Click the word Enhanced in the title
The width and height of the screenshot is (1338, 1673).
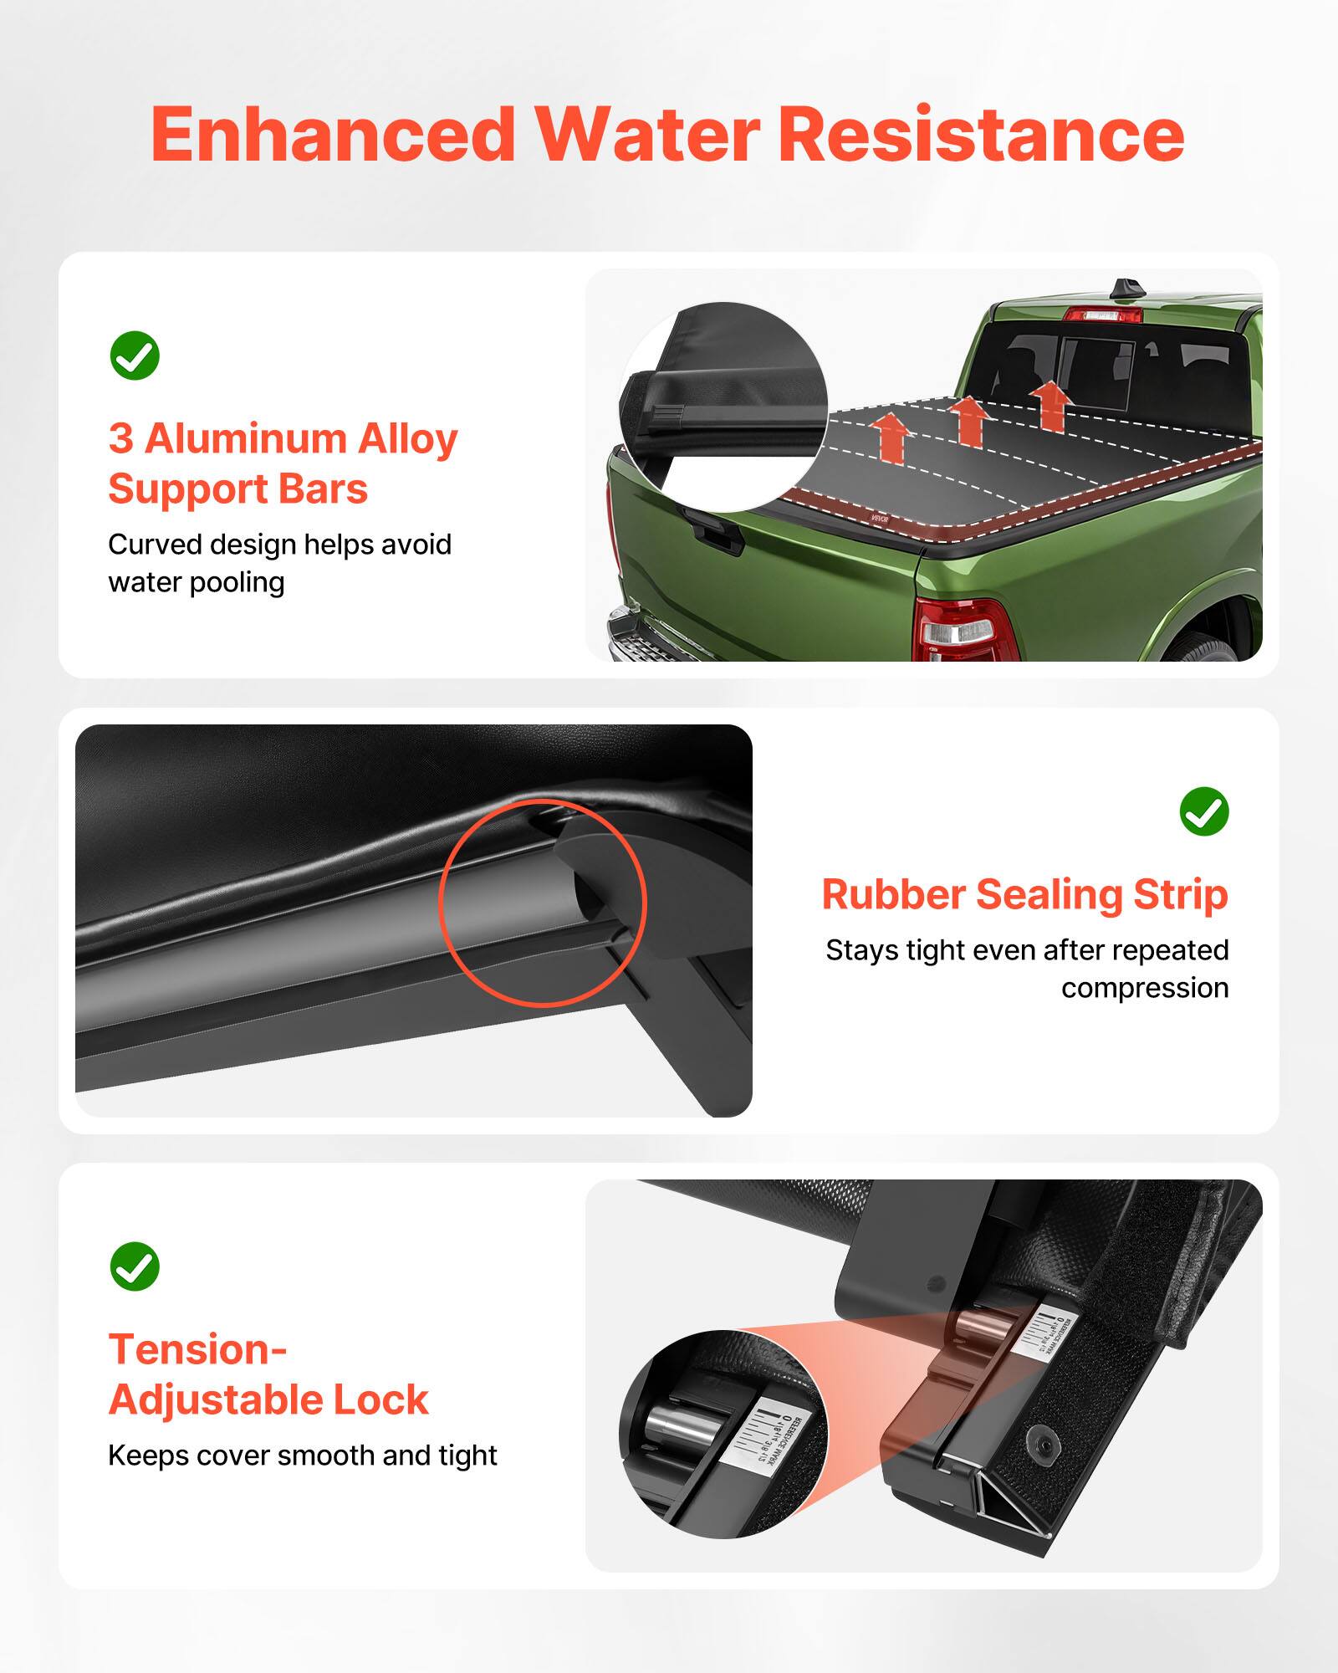coord(333,136)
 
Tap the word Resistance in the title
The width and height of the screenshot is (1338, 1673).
coord(980,136)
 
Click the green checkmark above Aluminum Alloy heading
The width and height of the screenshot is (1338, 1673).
coord(135,356)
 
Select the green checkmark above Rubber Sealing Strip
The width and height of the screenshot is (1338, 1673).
coord(1203,811)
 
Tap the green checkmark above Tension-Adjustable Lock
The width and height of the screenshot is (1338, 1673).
coord(135,1266)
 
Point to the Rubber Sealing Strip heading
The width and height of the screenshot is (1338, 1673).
coord(1024,894)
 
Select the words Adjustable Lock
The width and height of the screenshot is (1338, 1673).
coord(268,1399)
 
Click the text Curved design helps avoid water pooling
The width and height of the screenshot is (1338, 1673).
coord(279,563)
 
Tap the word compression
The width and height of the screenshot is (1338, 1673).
coord(1144,988)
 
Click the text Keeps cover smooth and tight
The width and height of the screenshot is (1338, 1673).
coord(302,1456)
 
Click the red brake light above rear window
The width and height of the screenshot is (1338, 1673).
coord(1102,315)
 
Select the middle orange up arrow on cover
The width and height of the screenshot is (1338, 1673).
coord(969,420)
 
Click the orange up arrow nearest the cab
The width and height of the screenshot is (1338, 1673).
coord(1049,405)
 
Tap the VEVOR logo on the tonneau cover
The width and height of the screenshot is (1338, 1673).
coord(880,519)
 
